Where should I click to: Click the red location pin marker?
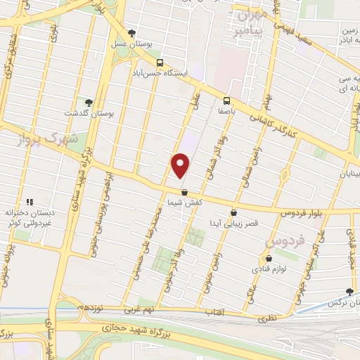(x=181, y=165)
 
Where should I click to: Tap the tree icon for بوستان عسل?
(x=131, y=32)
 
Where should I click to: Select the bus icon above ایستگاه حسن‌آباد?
(x=160, y=62)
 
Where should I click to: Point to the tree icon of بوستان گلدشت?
(x=88, y=103)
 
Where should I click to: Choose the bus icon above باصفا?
(x=226, y=100)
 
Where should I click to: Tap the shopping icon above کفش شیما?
(x=184, y=191)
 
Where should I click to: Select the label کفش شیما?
(x=184, y=202)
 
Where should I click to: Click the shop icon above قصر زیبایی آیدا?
(x=233, y=212)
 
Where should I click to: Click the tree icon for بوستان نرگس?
(x=349, y=292)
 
